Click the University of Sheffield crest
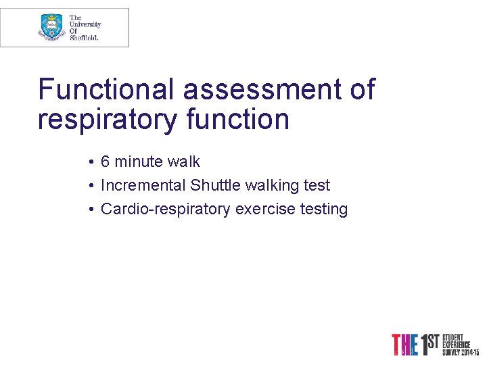[x=52, y=27]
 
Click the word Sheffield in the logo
[x=85, y=38]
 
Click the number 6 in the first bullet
[x=106, y=162]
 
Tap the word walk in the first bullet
[x=184, y=162]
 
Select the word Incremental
[x=143, y=185]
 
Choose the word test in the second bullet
[x=317, y=185]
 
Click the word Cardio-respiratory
[x=166, y=210]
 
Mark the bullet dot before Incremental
[x=90, y=186]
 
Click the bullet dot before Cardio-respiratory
[x=90, y=210]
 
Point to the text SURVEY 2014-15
[x=461, y=352]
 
